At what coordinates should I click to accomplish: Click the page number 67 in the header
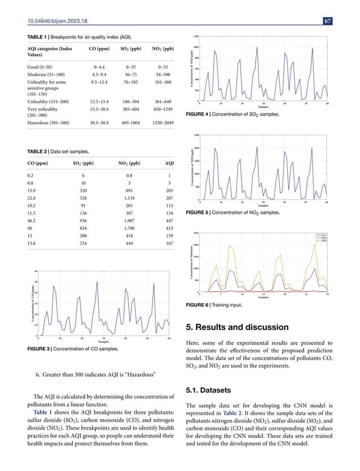(327, 21)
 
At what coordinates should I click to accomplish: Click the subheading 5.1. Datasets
(205, 386)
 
